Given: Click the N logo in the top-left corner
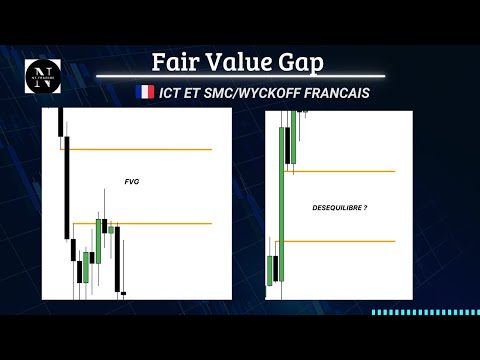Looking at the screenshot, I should (42, 75).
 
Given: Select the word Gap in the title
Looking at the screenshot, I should (302, 62).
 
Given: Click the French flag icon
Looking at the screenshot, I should (144, 92).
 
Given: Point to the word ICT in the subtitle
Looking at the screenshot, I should (172, 92).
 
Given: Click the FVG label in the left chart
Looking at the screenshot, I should (131, 182).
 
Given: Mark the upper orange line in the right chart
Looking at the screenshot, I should (340, 171).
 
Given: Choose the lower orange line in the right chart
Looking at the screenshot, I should (340, 241).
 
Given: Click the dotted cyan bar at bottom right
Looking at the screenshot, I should (424, 312).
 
